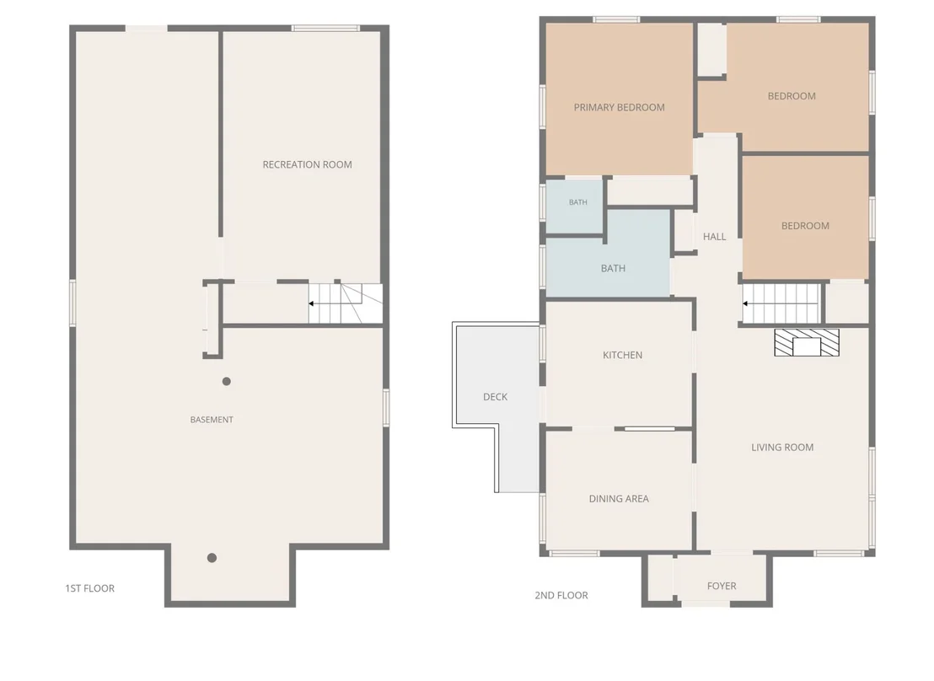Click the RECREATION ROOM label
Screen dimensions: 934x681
[308, 164]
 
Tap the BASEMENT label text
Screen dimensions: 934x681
[212, 420]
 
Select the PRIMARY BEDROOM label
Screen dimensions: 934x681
[619, 107]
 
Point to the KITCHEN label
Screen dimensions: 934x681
[622, 355]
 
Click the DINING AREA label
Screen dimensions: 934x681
[619, 499]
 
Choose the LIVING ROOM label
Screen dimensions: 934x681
[782, 448]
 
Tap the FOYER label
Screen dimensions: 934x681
[722, 586]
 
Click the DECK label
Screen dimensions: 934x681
[495, 397]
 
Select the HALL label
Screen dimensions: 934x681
[714, 237]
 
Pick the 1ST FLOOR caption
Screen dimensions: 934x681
[90, 588]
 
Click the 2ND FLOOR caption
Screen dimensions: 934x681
[561, 595]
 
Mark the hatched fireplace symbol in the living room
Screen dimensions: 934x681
[807, 342]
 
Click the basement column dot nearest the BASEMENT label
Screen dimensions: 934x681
[227, 381]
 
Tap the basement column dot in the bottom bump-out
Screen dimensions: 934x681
[212, 558]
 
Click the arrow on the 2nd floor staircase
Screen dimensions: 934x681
[781, 304]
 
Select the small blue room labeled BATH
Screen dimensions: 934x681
[575, 206]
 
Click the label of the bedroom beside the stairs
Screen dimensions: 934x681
[805, 226]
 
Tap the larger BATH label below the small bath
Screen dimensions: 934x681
[613, 269]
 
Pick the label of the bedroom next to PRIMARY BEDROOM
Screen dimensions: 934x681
[792, 96]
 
